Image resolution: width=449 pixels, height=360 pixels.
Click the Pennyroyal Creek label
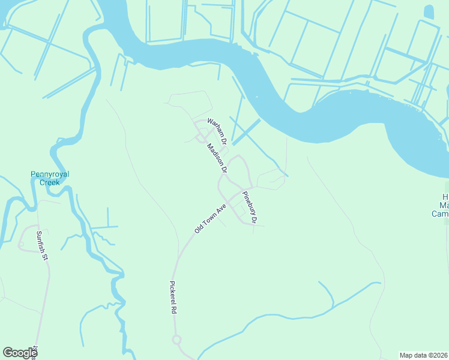(x=50, y=178)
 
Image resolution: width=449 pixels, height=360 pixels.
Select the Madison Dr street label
(x=217, y=158)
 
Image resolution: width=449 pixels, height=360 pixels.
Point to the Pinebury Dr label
(x=249, y=208)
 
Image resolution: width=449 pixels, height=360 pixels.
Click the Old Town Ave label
(x=209, y=218)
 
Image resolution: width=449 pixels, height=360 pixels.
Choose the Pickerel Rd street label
(x=173, y=298)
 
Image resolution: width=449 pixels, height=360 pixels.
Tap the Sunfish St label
(x=41, y=246)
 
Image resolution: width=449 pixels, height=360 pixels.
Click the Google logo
(x=20, y=353)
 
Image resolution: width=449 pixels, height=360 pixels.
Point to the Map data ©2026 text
(x=424, y=355)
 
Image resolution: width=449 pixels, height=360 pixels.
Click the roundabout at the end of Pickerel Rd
(x=176, y=340)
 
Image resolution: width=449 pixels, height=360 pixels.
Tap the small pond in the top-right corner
(x=429, y=12)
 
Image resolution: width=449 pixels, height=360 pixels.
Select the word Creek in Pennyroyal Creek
(x=50, y=182)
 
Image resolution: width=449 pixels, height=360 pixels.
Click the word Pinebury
(x=247, y=204)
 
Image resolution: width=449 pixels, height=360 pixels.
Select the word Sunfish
(x=40, y=242)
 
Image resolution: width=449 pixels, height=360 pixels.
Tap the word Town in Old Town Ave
(x=211, y=217)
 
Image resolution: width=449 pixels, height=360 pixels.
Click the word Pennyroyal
(x=50, y=175)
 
